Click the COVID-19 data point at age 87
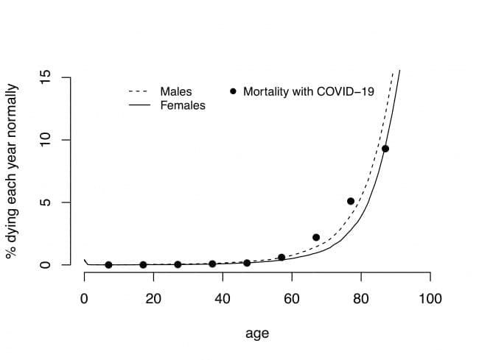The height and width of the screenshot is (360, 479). point(385,149)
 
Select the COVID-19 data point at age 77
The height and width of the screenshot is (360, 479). point(351,201)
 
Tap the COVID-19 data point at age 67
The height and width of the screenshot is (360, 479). point(316,238)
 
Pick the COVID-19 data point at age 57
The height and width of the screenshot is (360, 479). point(282,258)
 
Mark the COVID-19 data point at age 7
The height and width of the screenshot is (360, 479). point(108,265)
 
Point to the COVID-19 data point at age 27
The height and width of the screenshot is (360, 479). point(178,264)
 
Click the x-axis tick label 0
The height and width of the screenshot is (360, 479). point(84,299)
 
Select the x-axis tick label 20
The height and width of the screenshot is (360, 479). point(153,299)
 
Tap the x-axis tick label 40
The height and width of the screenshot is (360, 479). point(223,299)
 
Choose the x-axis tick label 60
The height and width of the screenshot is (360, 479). point(292,299)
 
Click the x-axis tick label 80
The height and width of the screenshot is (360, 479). point(361,299)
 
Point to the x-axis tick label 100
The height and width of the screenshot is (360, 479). point(430,299)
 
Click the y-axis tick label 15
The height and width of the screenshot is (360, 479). point(45,77)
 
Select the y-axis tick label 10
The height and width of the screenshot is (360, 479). point(45,140)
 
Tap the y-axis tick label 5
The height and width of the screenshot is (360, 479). point(45,202)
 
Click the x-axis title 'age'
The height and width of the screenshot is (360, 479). point(257,333)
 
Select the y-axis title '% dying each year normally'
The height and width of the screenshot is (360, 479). point(13,171)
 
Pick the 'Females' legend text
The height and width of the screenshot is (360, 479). point(183,105)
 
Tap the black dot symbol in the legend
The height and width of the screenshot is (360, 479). point(234,91)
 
